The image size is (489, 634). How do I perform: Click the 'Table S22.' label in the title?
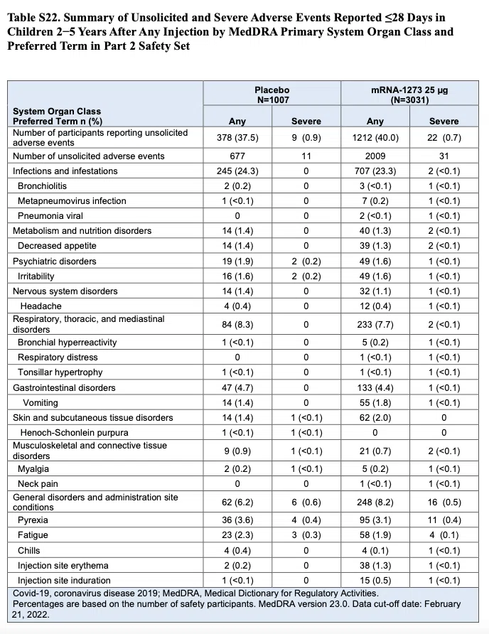point(33,18)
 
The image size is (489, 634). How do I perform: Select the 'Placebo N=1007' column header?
point(272,95)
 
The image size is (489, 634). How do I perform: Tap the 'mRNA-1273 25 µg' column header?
point(409,90)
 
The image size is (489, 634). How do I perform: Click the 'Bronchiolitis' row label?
point(42,186)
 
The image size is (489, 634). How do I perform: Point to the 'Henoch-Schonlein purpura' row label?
point(75,433)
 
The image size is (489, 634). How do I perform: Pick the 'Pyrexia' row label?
point(33,520)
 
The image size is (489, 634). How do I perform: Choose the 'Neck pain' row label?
point(38,484)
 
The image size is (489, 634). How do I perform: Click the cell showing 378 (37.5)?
point(237,138)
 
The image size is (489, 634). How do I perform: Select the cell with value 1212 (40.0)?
point(375,138)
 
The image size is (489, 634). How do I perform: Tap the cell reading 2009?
point(375,156)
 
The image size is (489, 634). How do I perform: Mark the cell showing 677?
point(237,156)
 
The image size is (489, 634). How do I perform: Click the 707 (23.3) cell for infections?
point(375,171)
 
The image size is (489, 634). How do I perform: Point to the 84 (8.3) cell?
point(237,324)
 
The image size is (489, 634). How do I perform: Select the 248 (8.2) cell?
point(375,503)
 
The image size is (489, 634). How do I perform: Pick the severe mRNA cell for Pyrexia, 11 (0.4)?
point(444,520)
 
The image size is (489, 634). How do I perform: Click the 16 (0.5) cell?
point(444,503)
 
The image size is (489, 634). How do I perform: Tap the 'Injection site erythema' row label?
point(63,565)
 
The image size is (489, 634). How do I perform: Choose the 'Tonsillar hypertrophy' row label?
point(60,372)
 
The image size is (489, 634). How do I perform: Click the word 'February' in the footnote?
point(443,604)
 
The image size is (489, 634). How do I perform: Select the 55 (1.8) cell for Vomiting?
point(375,403)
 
